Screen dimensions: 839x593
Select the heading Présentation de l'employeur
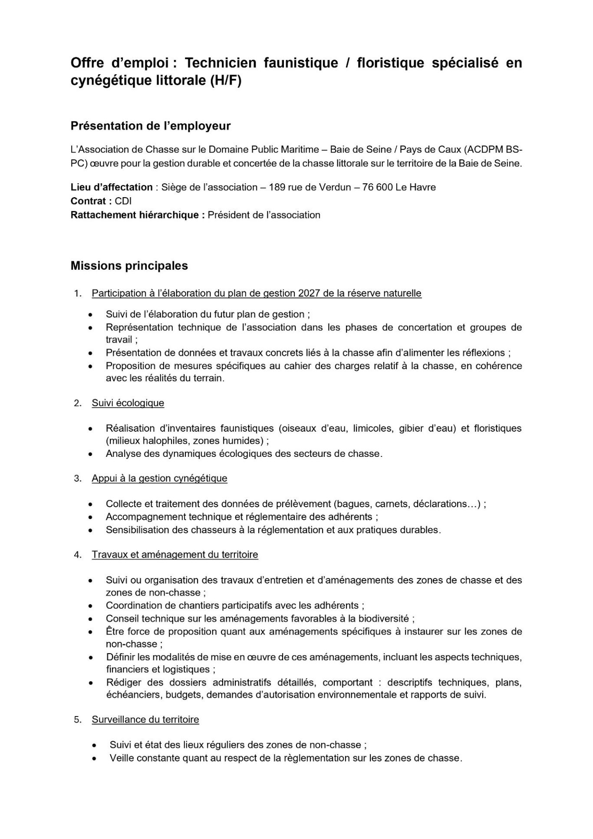pos(150,126)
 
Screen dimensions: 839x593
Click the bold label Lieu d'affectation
pos(112,187)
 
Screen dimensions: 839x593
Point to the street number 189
pos(277,187)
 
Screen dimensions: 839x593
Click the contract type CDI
pos(123,201)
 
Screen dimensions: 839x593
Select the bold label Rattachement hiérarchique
pos(138,215)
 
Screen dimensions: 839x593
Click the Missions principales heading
pos(129,265)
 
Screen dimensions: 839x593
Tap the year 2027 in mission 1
pos(309,293)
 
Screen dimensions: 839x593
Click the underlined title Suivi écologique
pos(128,403)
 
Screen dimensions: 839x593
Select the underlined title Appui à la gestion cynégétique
pos(159,479)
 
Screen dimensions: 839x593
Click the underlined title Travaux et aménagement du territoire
pos(175,555)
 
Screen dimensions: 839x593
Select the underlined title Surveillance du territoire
pos(145,720)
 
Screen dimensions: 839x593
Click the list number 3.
pos(77,479)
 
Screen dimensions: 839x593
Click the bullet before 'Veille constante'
pos(95,759)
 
